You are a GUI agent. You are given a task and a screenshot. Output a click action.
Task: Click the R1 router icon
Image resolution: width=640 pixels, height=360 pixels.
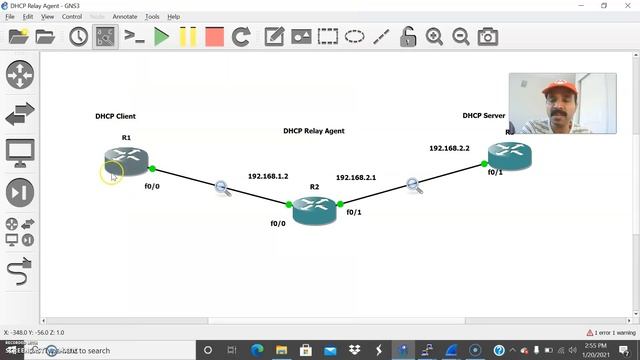click(x=126, y=159)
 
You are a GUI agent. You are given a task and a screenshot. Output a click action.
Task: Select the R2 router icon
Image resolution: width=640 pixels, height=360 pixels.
click(x=314, y=210)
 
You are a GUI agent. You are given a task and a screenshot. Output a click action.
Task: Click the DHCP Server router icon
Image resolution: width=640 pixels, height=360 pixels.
click(x=509, y=154)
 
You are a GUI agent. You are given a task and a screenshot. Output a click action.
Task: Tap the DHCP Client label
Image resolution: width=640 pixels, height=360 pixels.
click(x=116, y=117)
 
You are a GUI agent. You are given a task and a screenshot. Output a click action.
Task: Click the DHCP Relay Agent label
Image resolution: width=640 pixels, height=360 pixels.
click(x=314, y=131)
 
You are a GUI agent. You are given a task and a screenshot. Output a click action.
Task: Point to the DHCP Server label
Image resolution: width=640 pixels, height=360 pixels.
click(x=484, y=116)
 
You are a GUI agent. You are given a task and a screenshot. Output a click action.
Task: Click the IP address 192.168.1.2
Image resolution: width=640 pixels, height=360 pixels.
click(x=268, y=176)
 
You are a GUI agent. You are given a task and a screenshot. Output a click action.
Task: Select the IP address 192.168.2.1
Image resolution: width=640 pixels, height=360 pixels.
click(x=356, y=177)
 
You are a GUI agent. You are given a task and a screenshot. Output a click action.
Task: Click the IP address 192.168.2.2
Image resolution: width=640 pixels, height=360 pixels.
click(x=449, y=148)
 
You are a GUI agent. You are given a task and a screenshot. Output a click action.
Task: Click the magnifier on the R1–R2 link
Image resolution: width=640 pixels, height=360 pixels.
click(x=222, y=187)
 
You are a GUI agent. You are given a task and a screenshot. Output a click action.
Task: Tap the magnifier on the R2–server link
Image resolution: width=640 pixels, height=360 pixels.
click(x=414, y=184)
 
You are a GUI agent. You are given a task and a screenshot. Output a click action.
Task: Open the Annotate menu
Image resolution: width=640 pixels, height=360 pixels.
click(x=125, y=17)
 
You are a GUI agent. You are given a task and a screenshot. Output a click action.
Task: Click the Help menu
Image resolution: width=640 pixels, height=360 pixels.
click(x=173, y=17)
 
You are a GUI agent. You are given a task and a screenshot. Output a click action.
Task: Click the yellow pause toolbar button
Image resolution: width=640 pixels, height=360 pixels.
click(x=188, y=37)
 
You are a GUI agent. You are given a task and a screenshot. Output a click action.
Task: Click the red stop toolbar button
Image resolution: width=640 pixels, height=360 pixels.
click(x=214, y=37)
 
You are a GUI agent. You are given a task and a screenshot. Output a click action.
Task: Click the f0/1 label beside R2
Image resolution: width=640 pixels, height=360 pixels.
click(x=354, y=212)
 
